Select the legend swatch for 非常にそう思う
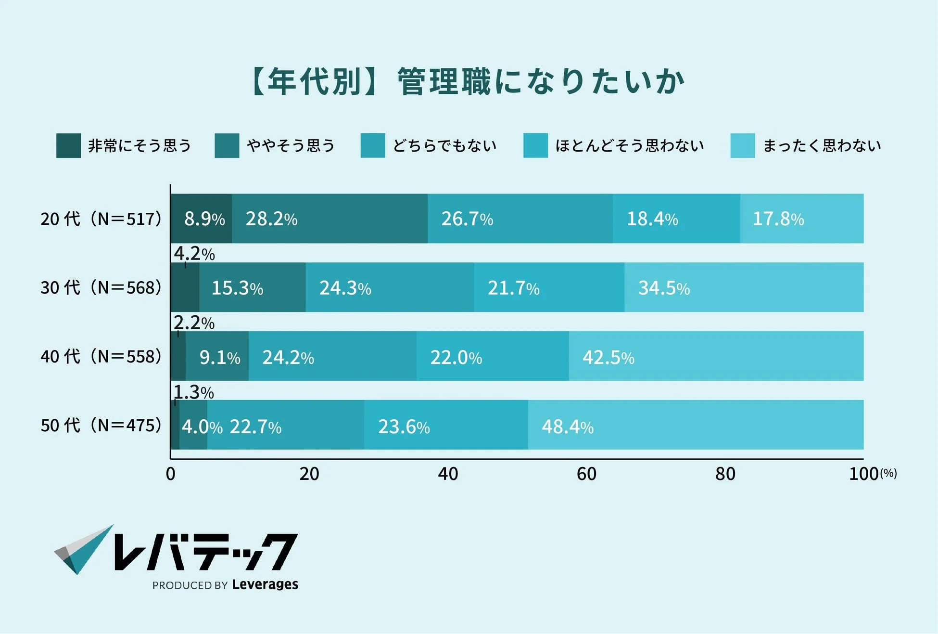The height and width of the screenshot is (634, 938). tap(68, 145)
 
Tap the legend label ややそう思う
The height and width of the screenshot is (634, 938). tap(291, 145)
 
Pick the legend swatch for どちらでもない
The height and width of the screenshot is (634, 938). tap(373, 145)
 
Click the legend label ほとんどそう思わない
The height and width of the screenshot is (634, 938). tap(629, 145)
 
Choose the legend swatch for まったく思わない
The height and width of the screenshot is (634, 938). tap(742, 145)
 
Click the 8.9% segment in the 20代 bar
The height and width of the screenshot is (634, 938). tap(202, 219)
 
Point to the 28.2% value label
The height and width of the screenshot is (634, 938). tap(271, 219)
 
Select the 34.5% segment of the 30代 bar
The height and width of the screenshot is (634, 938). tap(743, 287)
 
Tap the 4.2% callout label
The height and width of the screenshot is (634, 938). tap(194, 253)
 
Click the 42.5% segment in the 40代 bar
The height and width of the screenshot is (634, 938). tap(716, 356)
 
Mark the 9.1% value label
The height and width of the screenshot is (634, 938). tap(219, 358)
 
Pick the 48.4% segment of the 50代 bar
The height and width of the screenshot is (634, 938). tap(695, 425)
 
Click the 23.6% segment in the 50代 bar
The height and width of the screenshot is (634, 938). tap(445, 425)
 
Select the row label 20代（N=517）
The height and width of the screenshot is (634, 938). tap(101, 219)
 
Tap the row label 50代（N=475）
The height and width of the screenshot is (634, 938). tap(101, 426)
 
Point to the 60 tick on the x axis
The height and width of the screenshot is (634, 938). tap(586, 474)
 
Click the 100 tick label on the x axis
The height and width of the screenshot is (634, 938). tap(863, 474)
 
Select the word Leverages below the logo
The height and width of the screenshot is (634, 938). tap(265, 584)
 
